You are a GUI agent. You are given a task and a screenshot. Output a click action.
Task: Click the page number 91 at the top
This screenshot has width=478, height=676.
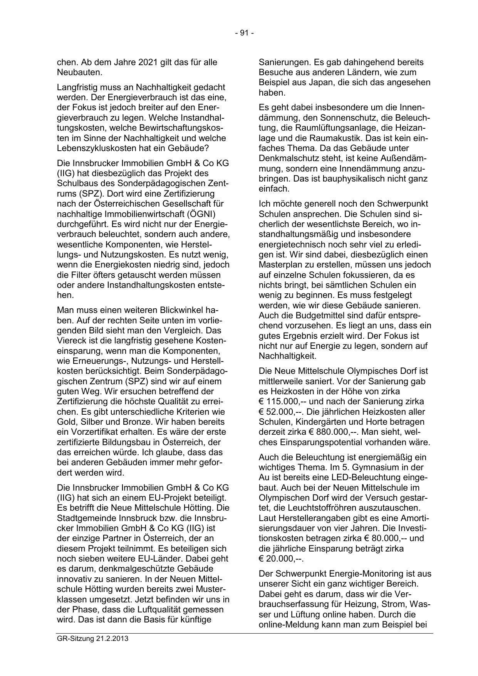(244, 33)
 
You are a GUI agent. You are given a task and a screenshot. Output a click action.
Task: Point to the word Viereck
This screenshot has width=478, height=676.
(70, 341)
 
